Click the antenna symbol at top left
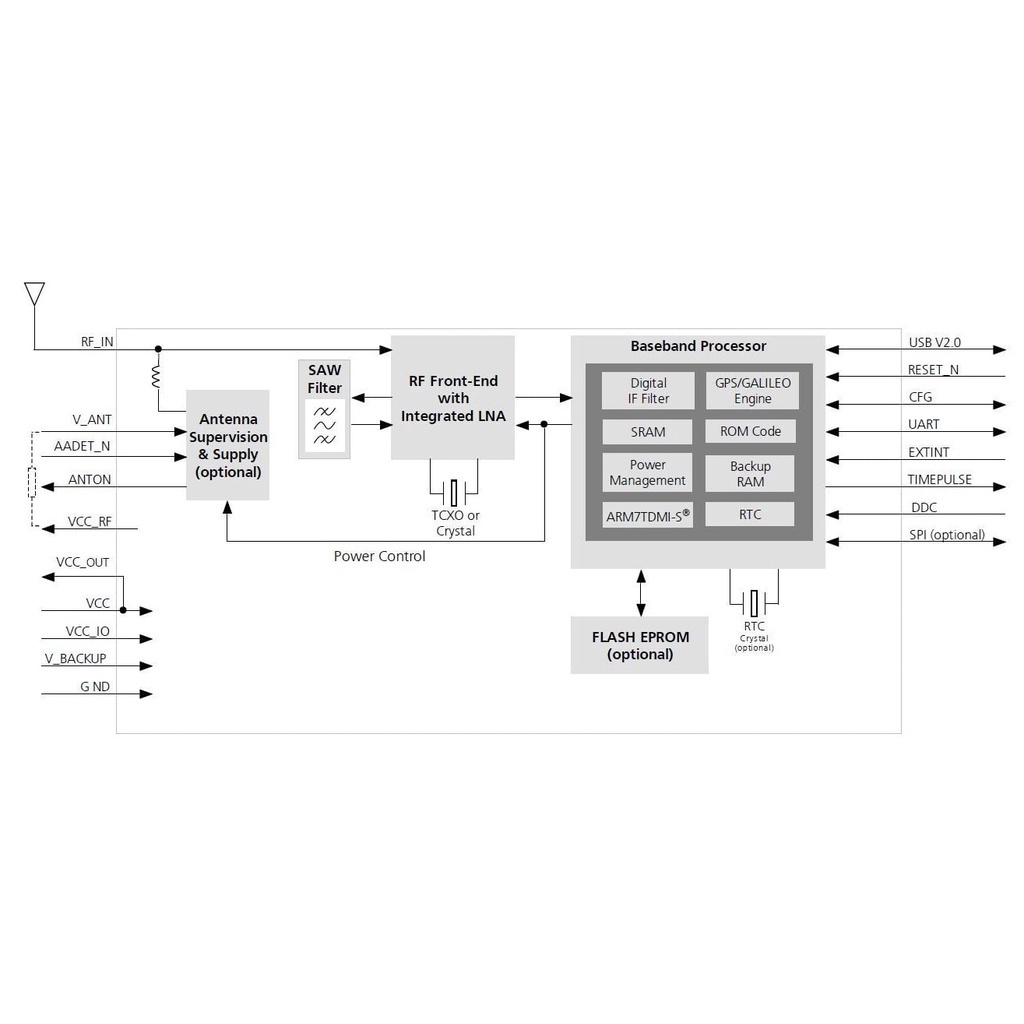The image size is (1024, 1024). point(34,295)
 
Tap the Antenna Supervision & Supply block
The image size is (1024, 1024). point(228,445)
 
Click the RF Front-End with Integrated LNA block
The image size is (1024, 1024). point(452,397)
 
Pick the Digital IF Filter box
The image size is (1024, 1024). point(648,390)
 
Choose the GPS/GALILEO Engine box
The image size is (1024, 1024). point(752,390)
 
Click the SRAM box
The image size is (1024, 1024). point(648,432)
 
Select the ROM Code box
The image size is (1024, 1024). point(750,431)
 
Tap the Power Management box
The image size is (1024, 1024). point(648,472)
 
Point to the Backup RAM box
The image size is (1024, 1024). point(750,473)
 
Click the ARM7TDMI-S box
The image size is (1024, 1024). point(648,516)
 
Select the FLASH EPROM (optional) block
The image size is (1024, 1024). point(640,645)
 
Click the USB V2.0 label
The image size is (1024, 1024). point(934,342)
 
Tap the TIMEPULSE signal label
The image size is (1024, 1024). point(939,479)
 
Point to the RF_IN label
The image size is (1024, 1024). point(97,342)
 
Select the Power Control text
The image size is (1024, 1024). point(379,556)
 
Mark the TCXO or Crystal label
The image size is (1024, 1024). point(455,523)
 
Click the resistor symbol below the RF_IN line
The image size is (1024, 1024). point(157,376)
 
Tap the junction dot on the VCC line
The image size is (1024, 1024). point(122,609)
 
